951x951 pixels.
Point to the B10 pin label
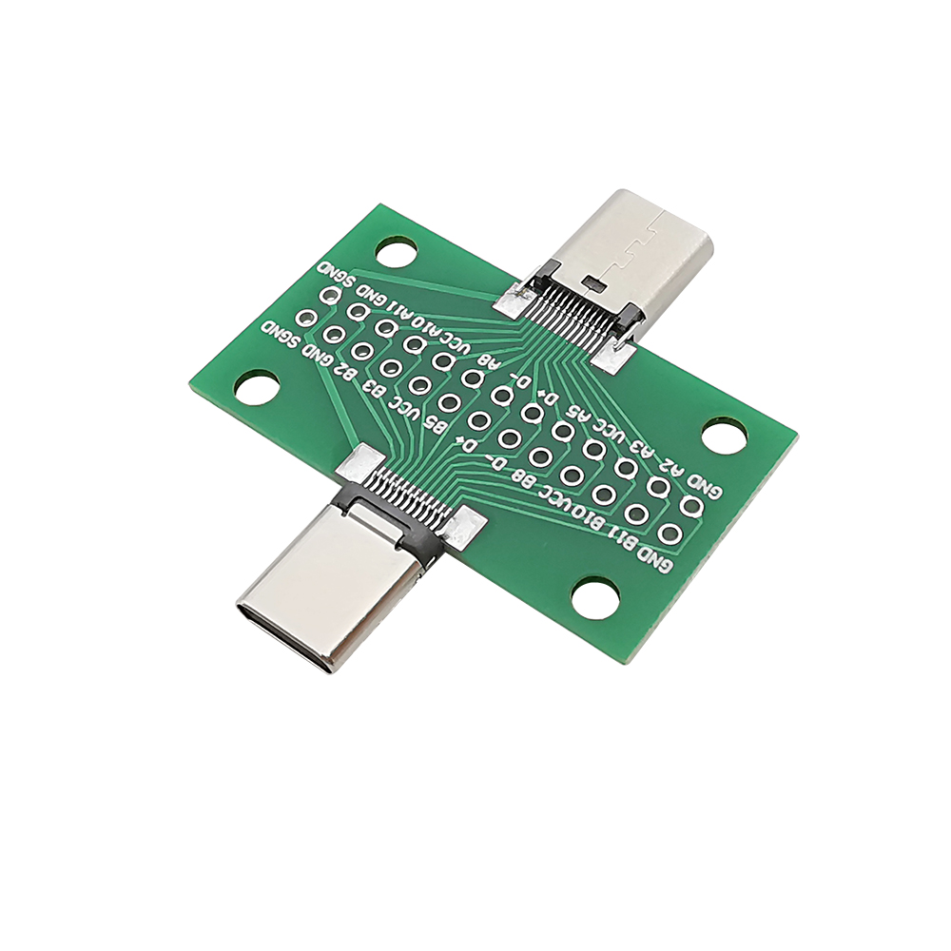coord(590,514)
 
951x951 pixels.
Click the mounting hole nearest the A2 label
coord(725,435)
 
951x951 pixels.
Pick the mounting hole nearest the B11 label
coord(596,599)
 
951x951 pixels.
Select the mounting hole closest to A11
coord(397,252)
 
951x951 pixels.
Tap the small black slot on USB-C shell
coord(595,282)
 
